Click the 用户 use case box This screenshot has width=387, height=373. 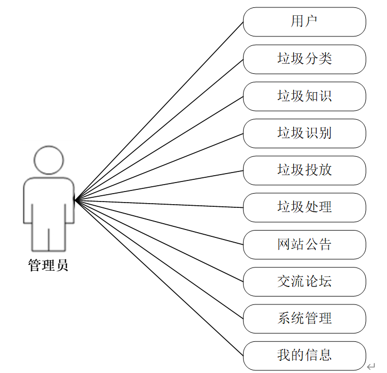[x=304, y=22]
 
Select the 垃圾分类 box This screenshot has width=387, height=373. [x=304, y=59]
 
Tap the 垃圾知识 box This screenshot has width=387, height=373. [x=304, y=96]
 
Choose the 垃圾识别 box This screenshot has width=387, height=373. [x=304, y=133]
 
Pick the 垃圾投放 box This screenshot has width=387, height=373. [x=304, y=170]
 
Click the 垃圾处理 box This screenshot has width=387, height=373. [x=304, y=207]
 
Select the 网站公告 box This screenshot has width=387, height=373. [x=304, y=244]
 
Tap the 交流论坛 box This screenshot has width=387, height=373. [x=304, y=281]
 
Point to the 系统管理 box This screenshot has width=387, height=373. [x=304, y=318]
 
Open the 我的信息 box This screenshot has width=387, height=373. [x=304, y=355]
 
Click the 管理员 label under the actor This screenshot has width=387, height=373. [x=48, y=265]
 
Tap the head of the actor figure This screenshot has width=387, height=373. [x=49, y=159]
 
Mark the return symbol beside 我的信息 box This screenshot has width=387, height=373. [x=371, y=366]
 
